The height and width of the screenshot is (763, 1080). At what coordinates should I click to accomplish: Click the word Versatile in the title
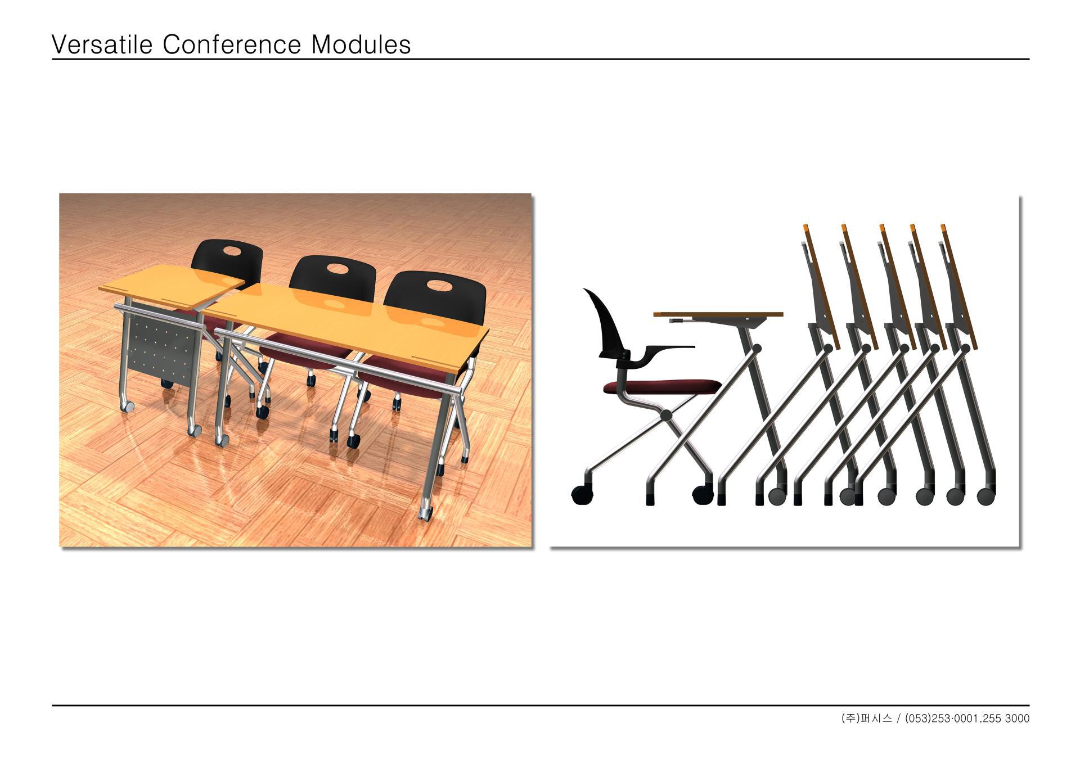pos(102,44)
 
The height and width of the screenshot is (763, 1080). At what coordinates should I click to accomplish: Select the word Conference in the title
pos(232,44)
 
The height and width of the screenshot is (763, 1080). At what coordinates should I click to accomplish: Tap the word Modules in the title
pos(361,44)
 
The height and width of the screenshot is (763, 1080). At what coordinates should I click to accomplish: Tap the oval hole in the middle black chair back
pos(335,268)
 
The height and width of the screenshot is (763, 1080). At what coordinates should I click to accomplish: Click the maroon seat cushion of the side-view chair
pos(663,386)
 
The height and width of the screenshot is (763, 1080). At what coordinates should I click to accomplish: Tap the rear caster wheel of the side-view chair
pos(582,494)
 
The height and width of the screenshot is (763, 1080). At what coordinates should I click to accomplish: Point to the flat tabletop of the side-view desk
pos(718,314)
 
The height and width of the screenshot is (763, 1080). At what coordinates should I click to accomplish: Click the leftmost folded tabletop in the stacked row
pos(821,286)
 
